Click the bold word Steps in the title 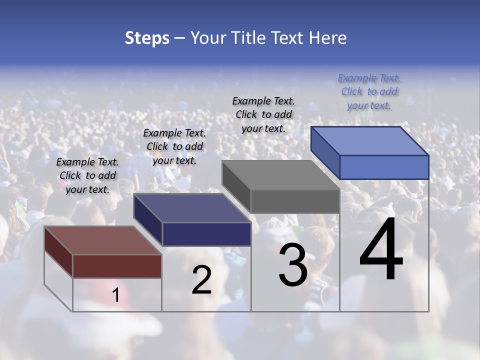[147, 38]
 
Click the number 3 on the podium [293, 265]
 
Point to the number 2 [201, 280]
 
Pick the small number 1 [115, 295]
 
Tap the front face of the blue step [384, 167]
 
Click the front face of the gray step [295, 201]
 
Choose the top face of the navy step [192, 208]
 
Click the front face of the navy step [206, 234]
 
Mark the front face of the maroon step [117, 266]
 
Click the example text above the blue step [369, 91]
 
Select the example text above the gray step [263, 114]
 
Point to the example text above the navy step [174, 146]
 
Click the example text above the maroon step [87, 175]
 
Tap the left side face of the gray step [236, 187]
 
